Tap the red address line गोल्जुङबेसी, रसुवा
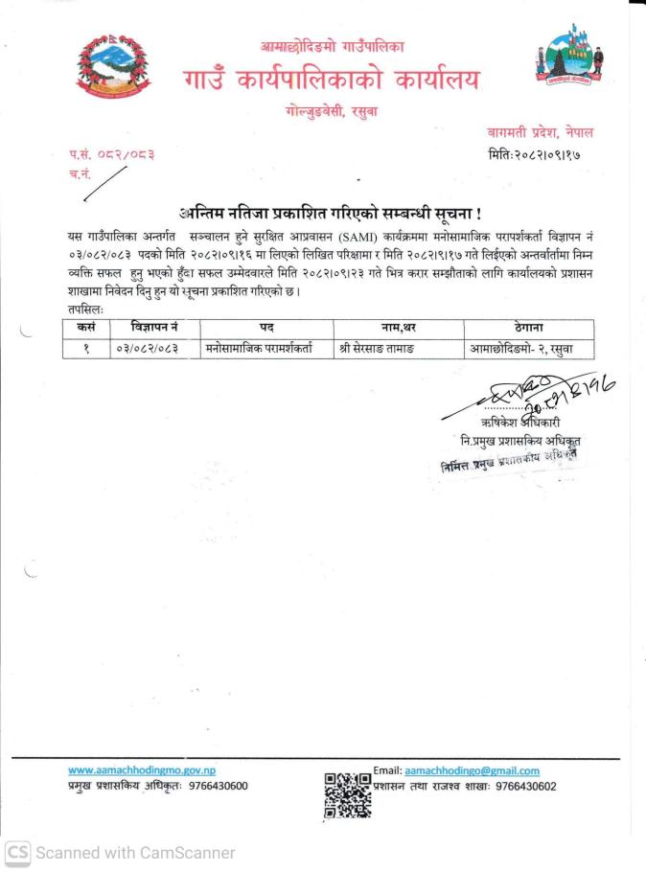point(332,111)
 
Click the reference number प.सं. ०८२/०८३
point(111,153)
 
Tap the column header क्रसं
point(85,327)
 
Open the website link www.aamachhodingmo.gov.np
point(142,769)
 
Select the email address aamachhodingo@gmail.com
point(472,770)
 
